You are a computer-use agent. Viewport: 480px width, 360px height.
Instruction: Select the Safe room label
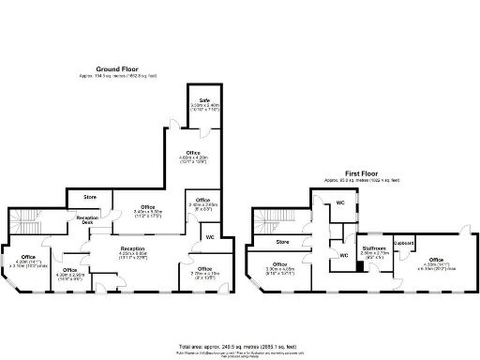coord(203,100)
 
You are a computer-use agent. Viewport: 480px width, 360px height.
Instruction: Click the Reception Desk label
coord(87,219)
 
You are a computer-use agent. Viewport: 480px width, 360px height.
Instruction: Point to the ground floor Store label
coord(91,197)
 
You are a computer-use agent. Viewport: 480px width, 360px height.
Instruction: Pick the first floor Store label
coord(282,242)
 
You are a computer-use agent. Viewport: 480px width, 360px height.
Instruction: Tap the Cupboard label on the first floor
coord(404,241)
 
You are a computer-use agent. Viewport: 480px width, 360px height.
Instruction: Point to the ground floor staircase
coord(25,222)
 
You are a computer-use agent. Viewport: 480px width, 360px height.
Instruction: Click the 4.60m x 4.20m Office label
coord(193,153)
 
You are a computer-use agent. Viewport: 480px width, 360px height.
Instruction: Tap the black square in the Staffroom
coord(359,266)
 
